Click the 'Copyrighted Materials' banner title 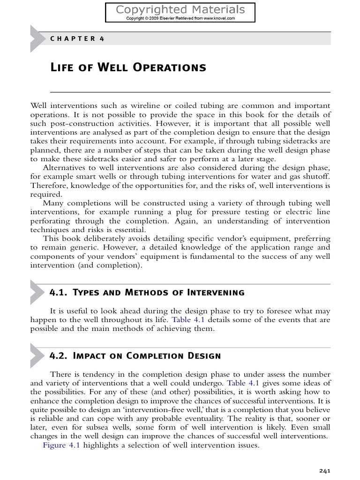(x=180, y=9)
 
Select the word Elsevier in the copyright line (x=167, y=18)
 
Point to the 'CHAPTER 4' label (x=77, y=38)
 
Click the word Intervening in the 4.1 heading (x=216, y=293)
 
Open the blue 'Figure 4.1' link (x=61, y=445)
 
